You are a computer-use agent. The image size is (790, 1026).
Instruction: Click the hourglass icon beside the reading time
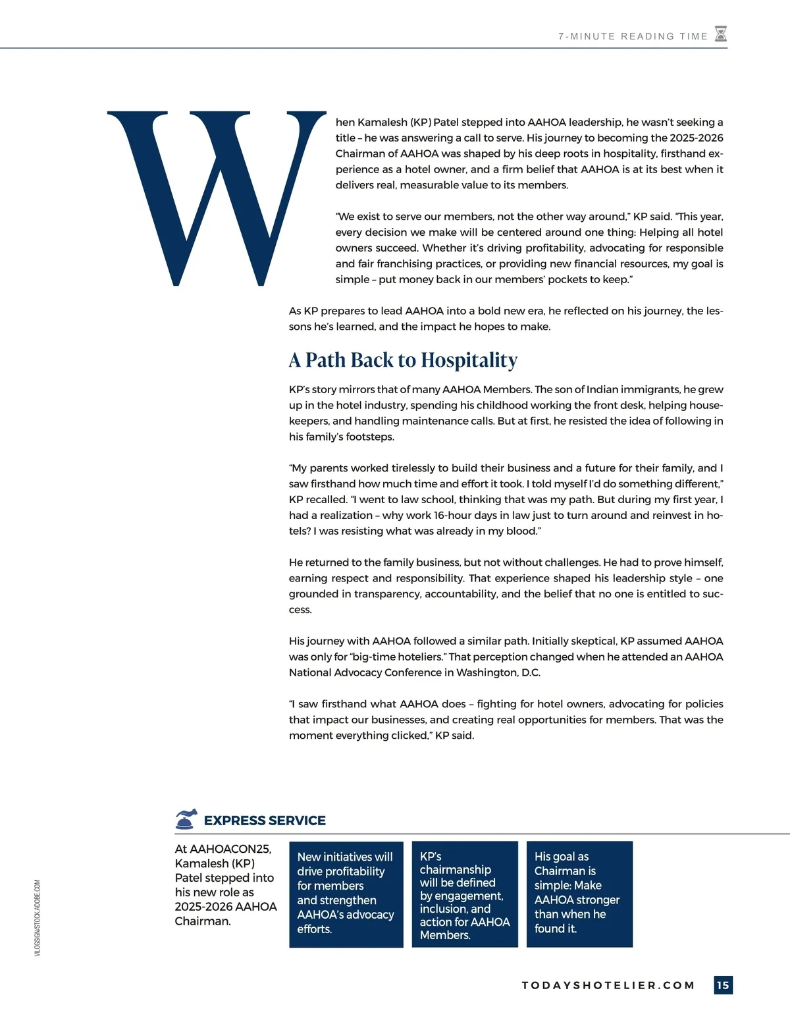coord(721,34)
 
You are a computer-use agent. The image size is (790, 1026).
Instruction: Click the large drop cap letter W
coord(217,198)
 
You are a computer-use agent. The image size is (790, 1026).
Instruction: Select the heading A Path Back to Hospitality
coord(403,360)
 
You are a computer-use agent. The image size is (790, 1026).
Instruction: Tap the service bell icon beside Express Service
coord(186,819)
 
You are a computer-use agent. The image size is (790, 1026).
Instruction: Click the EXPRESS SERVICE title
coord(265,821)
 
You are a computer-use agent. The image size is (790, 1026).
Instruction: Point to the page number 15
coord(723,985)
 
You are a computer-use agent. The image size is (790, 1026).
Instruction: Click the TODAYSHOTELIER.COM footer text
coord(608,985)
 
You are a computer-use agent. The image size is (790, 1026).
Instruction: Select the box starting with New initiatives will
coord(346,894)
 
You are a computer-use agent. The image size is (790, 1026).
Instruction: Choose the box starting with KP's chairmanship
coord(465,894)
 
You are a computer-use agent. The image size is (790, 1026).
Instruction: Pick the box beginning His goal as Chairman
coord(579,894)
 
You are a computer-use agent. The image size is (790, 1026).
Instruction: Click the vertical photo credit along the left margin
coord(37,918)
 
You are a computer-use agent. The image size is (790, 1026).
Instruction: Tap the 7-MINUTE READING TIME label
coord(633,36)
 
